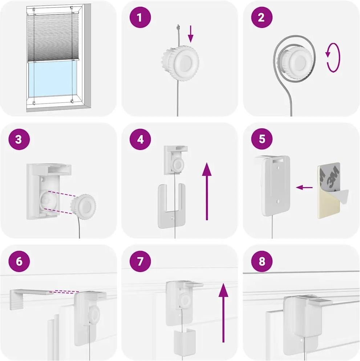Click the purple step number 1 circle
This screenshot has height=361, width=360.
140,17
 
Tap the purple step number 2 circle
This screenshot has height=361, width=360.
262,17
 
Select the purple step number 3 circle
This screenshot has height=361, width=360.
19,139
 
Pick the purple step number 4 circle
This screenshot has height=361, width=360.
140,139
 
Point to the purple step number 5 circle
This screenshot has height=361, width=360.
262,139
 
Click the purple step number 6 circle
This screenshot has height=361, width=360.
19,261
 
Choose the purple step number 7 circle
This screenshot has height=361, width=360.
140,261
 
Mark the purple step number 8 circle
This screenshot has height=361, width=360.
262,261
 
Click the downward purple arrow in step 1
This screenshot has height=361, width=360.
190,34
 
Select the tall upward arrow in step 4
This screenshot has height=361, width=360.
207,191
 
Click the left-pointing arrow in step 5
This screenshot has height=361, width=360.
304,187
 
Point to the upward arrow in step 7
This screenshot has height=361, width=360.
223,313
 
